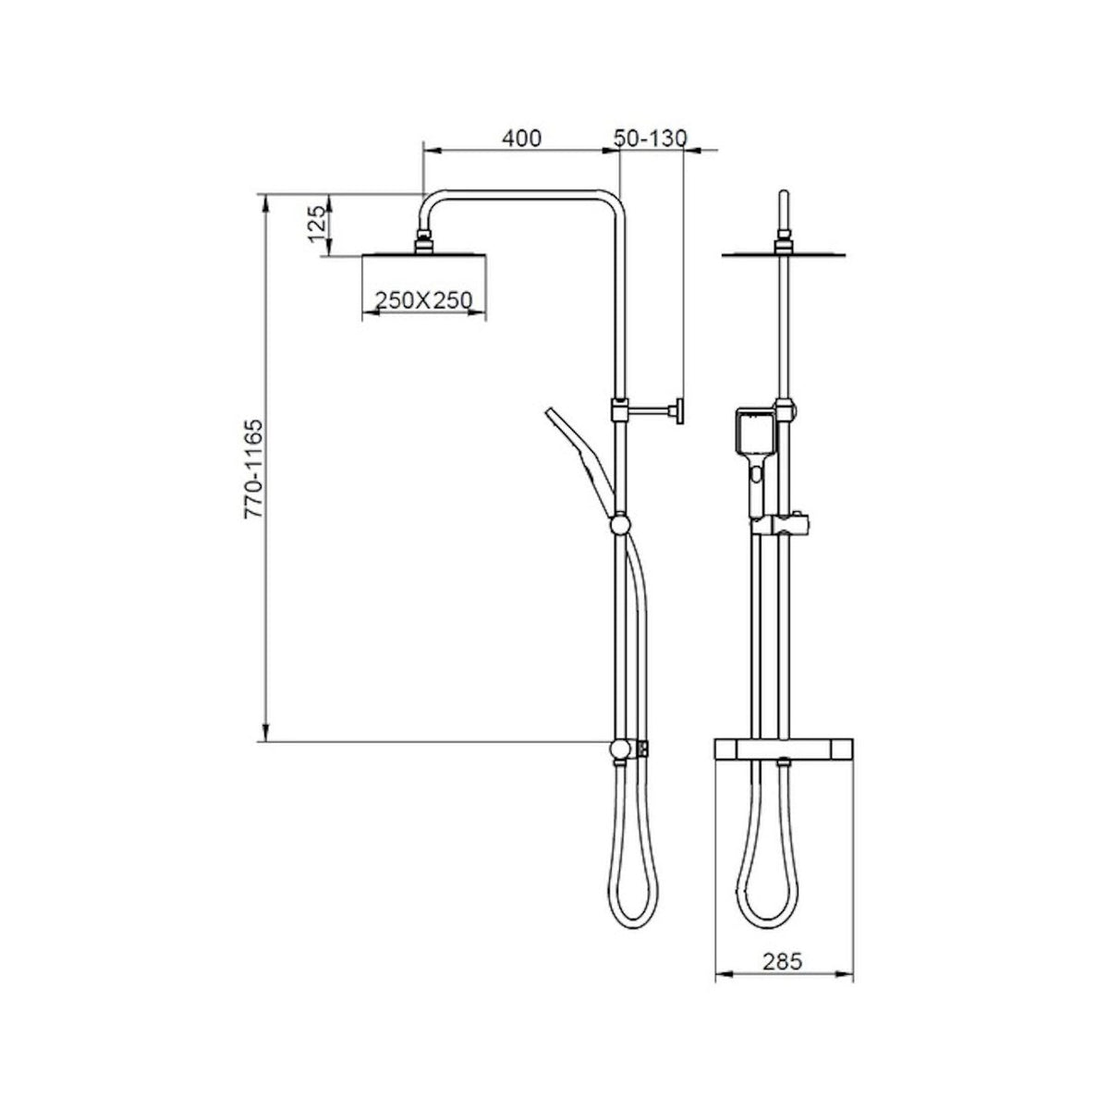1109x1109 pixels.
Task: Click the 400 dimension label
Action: [x=521, y=139]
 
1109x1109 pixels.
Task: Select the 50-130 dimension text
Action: [x=651, y=139]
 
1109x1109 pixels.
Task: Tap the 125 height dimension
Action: [x=317, y=225]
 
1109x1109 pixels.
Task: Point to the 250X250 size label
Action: [x=423, y=299]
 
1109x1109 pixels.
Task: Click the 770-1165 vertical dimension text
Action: [x=253, y=469]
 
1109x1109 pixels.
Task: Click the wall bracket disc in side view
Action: [x=679, y=412]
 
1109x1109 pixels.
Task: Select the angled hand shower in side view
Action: [x=580, y=461]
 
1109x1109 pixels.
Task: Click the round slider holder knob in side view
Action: [x=620, y=525]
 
